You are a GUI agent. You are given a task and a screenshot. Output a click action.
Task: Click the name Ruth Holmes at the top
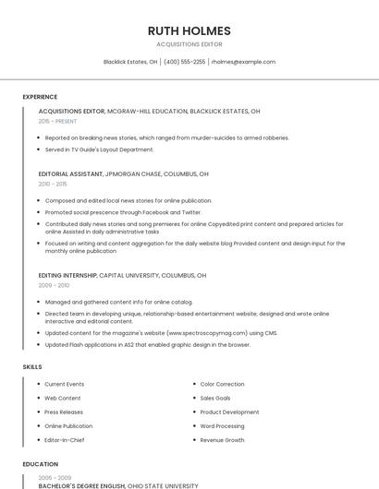(189, 30)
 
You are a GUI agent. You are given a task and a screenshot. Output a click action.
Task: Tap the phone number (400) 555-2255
(184, 62)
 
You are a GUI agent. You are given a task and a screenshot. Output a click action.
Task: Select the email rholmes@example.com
(244, 62)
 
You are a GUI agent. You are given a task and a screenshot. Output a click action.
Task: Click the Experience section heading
(40, 97)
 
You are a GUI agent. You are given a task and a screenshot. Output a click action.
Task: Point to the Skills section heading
(32, 367)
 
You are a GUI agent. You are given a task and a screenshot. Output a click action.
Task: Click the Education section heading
(41, 464)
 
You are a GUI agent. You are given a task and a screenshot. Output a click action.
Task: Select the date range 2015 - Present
(58, 121)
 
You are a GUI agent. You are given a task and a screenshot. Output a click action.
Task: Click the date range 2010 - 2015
(53, 184)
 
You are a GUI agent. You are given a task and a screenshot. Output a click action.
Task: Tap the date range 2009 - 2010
(53, 285)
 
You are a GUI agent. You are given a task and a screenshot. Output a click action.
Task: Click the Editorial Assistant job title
(70, 173)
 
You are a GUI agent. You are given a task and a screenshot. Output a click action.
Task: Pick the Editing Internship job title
(67, 275)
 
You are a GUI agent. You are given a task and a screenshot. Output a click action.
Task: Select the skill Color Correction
(223, 384)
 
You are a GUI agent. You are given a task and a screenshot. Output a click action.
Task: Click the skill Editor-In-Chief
(66, 440)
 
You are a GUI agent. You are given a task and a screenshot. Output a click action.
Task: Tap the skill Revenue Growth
(223, 440)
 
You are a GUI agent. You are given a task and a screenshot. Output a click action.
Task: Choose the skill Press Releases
(64, 412)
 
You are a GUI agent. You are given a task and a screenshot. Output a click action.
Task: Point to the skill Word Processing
(223, 426)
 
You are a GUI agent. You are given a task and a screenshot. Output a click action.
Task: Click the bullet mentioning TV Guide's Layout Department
(100, 149)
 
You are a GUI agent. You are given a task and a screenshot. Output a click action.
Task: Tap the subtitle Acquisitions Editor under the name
(189, 44)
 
